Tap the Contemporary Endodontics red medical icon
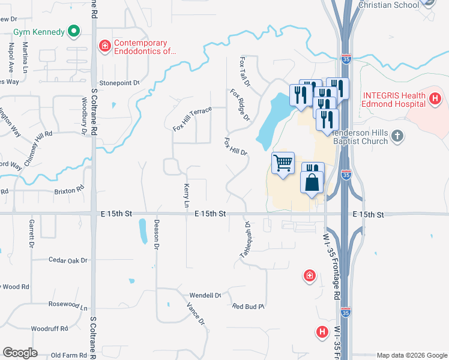104,45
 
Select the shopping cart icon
283,163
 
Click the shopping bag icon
312,182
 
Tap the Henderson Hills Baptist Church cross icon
396,137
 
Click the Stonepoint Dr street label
119,83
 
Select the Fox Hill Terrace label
192,119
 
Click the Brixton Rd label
67,190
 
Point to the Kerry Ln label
187,196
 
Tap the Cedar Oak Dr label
67,260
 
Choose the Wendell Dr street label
205,295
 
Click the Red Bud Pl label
249,307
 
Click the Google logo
20,353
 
